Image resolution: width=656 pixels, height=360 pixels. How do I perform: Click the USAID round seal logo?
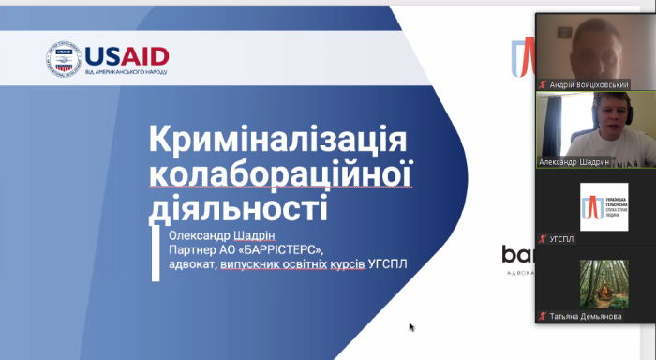point(64,59)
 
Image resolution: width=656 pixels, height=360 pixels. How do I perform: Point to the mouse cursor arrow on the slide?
point(412,327)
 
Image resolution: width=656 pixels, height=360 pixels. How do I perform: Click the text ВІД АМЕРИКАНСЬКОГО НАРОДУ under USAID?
point(127,71)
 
